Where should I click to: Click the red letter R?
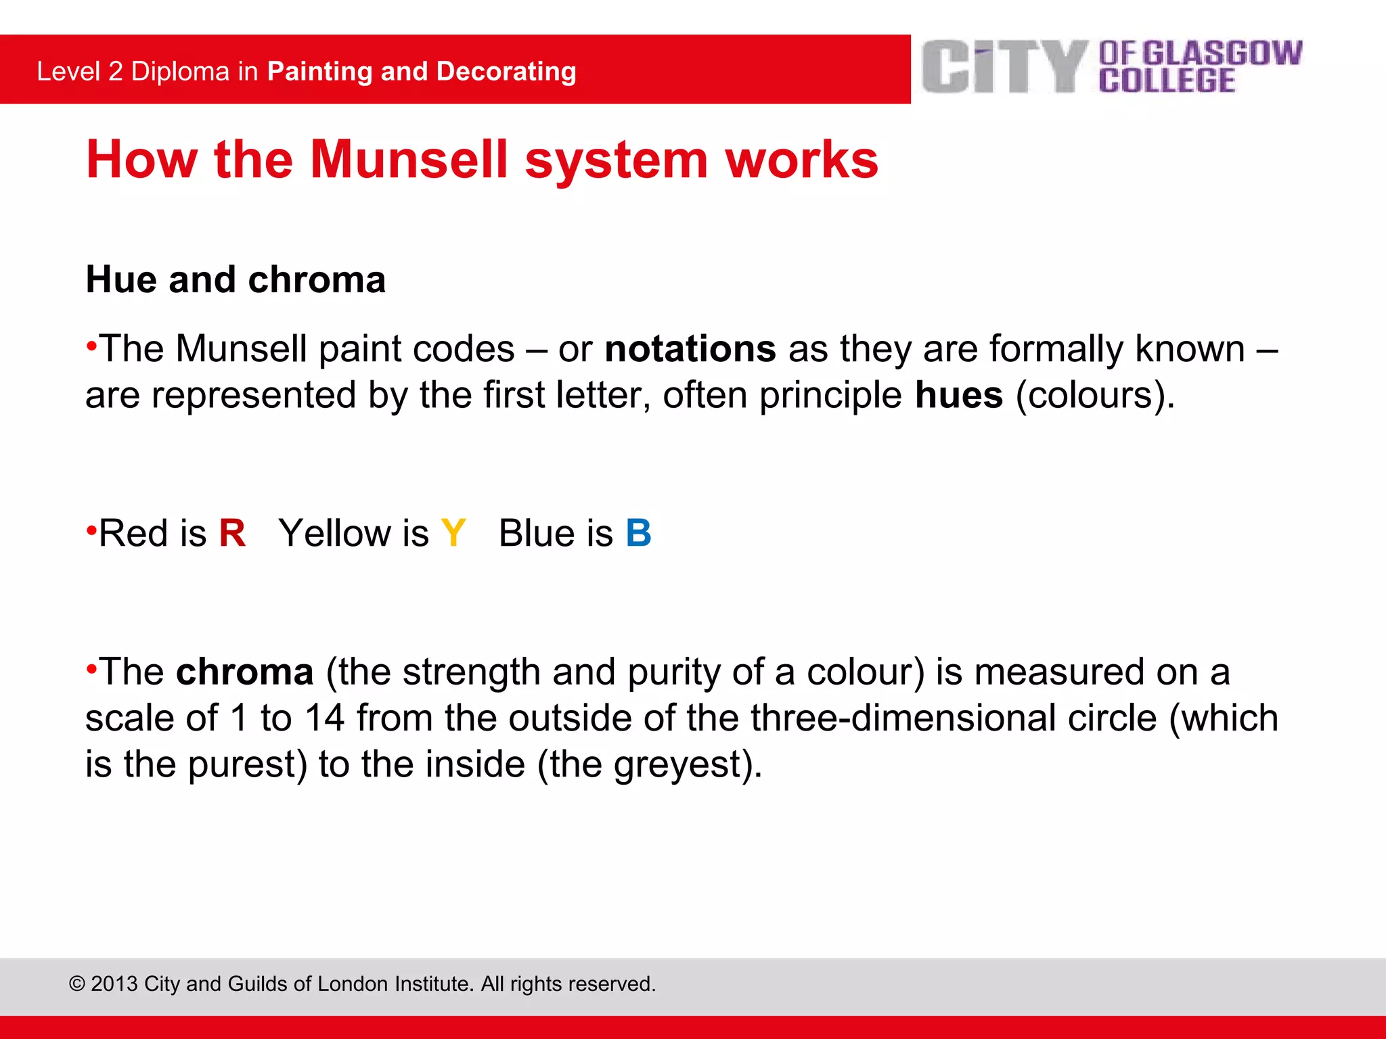coord(232,534)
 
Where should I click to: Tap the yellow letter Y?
coord(453,534)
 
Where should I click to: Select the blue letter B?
coord(638,534)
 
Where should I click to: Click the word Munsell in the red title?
coord(409,160)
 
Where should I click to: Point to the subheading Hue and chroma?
coord(236,279)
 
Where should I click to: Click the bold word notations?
coord(690,349)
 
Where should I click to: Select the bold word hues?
coord(958,395)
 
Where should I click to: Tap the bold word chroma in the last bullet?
coord(244,672)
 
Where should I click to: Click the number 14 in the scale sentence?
coord(324,718)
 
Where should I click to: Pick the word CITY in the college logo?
coord(1004,66)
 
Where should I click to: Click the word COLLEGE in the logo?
coord(1167,81)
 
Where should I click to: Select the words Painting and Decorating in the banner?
coord(422,72)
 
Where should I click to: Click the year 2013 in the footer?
coord(114,984)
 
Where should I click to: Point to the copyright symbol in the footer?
coord(76,984)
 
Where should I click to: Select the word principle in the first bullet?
coord(830,395)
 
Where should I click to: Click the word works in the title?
coord(801,160)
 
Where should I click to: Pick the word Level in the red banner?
coord(68,72)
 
